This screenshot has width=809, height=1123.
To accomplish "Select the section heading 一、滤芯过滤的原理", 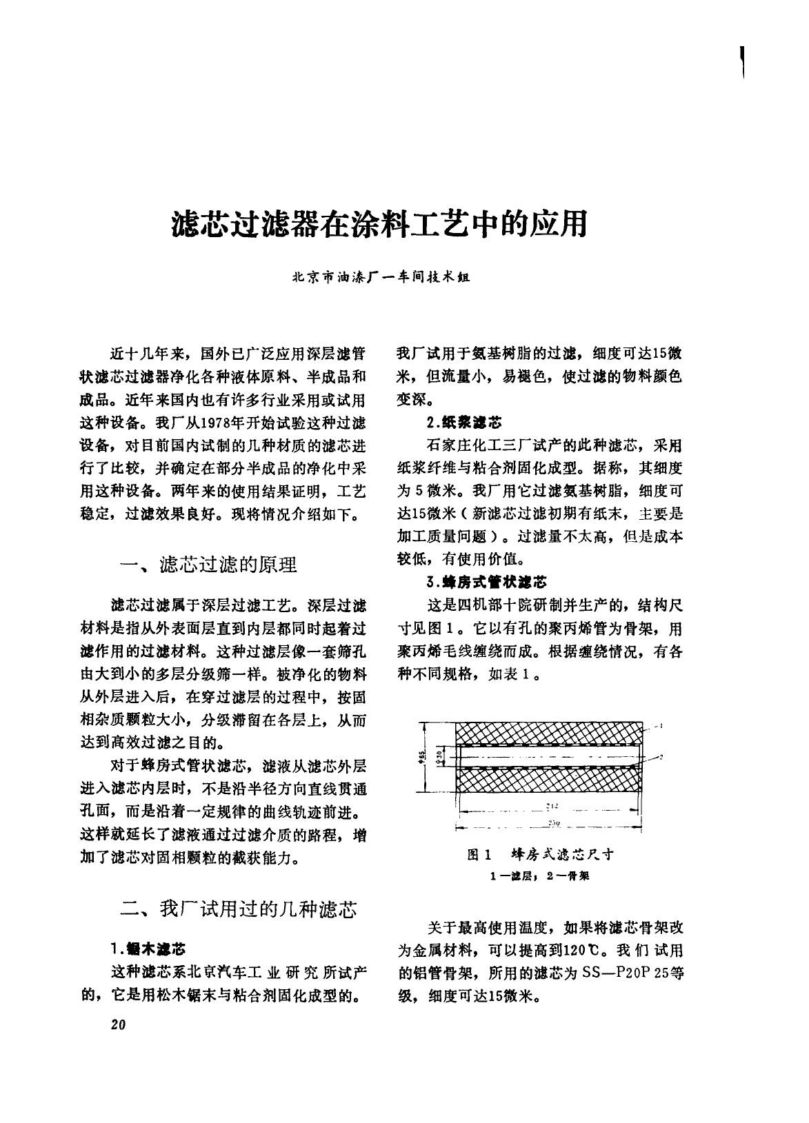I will tap(208, 565).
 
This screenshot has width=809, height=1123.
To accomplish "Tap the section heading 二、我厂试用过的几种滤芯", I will tap(238, 909).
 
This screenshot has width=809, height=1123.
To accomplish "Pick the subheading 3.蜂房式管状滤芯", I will tap(486, 582).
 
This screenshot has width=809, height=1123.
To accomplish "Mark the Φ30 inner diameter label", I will tap(440, 757).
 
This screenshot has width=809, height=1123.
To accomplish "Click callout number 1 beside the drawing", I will tap(660, 725).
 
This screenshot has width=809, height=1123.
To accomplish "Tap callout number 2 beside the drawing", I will tap(660, 757).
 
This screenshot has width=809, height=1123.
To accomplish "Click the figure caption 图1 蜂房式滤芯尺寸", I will tap(540, 855).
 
